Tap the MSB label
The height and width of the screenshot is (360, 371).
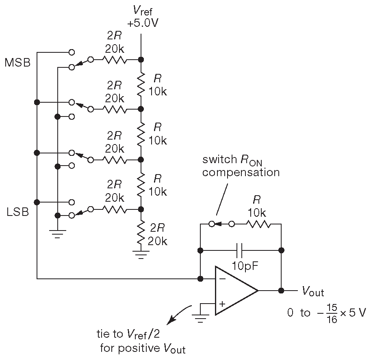click(x=17, y=63)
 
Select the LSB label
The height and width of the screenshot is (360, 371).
click(x=17, y=212)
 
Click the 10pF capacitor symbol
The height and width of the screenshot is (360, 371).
click(x=240, y=250)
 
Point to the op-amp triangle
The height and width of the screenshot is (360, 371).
click(x=234, y=291)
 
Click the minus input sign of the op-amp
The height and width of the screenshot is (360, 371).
click(x=222, y=280)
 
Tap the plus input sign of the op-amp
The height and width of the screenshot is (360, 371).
click(x=222, y=304)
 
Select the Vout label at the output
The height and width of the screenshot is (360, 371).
click(x=312, y=291)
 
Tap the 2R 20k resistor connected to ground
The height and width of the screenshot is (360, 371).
click(x=141, y=234)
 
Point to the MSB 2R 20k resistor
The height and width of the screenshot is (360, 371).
click(x=116, y=60)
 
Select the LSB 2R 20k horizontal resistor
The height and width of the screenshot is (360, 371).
click(x=115, y=209)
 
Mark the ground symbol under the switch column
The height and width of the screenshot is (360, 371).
click(x=57, y=234)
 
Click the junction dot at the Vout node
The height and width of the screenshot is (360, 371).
click(x=281, y=291)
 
